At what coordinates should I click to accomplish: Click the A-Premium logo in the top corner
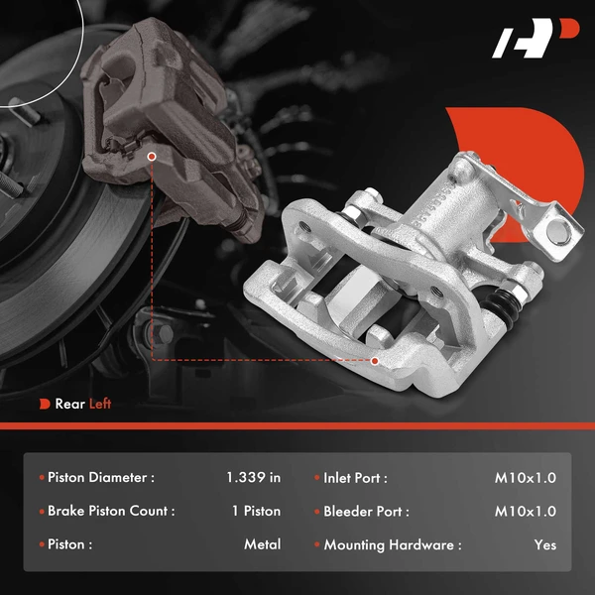[x=535, y=41]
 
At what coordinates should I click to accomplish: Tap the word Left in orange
[x=100, y=404]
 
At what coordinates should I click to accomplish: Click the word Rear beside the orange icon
[x=69, y=404]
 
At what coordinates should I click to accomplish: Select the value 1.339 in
[x=253, y=478]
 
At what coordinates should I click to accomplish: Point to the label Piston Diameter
[x=101, y=478]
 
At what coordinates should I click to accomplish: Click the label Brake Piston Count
[x=111, y=512]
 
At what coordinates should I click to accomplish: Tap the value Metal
[x=262, y=544]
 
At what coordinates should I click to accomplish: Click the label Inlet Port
[x=355, y=478]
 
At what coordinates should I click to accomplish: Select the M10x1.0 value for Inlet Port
[x=526, y=478]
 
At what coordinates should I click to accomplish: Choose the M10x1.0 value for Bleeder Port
[x=526, y=512]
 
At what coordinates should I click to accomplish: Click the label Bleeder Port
[x=366, y=512]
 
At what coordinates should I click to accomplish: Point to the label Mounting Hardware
[x=392, y=544]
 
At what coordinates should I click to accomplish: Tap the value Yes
[x=544, y=544]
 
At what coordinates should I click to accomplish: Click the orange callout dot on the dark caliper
[x=152, y=156]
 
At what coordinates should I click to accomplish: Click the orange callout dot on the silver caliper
[x=375, y=360]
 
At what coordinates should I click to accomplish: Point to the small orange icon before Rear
[x=45, y=404]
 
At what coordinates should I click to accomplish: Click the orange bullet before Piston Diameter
[x=40, y=478]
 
